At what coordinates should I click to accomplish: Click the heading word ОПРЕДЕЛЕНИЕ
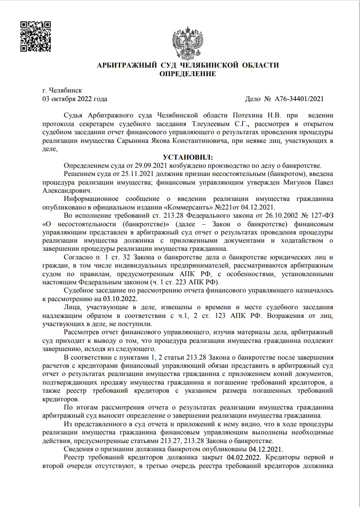tap(188, 73)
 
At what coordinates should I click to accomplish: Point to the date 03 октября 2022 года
tap(75, 98)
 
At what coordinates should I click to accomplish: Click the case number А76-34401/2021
tap(299, 98)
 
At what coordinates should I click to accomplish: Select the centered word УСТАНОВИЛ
tap(187, 157)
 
